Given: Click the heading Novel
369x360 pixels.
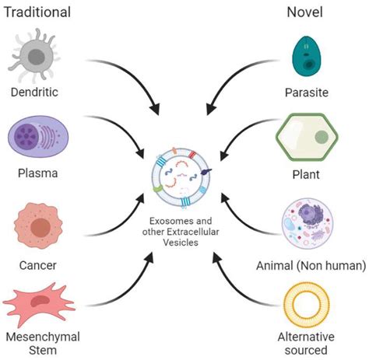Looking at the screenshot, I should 304,12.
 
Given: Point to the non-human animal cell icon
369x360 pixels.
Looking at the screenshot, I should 309,223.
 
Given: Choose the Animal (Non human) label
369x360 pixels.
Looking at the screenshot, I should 310,265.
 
